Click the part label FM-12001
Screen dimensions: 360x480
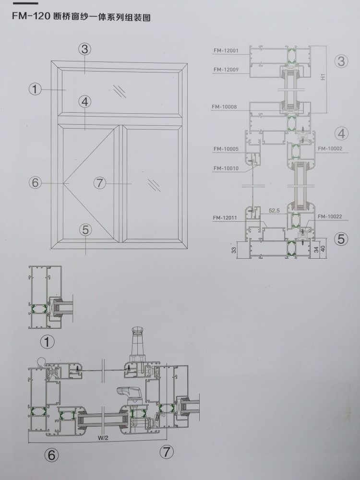pyautogui.click(x=226, y=50)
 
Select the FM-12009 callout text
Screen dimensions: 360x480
pyautogui.click(x=226, y=70)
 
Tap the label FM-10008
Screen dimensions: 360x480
pyautogui.click(x=224, y=107)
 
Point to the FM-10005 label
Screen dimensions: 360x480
pyautogui.click(x=226, y=149)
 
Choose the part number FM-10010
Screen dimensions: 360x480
pyautogui.click(x=226, y=168)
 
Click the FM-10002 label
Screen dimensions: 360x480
pyautogui.click(x=330, y=148)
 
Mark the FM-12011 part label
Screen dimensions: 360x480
pyautogui.click(x=225, y=218)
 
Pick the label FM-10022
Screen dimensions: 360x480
pyautogui.click(x=330, y=217)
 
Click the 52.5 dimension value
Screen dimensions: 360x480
pyautogui.click(x=274, y=211)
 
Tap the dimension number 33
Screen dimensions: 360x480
pyautogui.click(x=234, y=251)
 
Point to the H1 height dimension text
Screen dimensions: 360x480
pyautogui.click(x=324, y=76)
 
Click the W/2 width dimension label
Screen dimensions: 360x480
pyautogui.click(x=103, y=438)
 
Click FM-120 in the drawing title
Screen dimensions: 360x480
pyautogui.click(x=31, y=16)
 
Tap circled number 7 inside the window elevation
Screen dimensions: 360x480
pyautogui.click(x=99, y=183)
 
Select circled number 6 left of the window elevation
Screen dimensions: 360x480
pyautogui.click(x=35, y=183)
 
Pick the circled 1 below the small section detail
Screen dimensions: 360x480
pyautogui.click(x=48, y=342)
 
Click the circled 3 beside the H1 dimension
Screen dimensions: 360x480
pyautogui.click(x=341, y=61)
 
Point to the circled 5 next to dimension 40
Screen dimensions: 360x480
pyautogui.click(x=341, y=239)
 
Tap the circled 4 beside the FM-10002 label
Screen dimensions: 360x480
pyautogui.click(x=341, y=133)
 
